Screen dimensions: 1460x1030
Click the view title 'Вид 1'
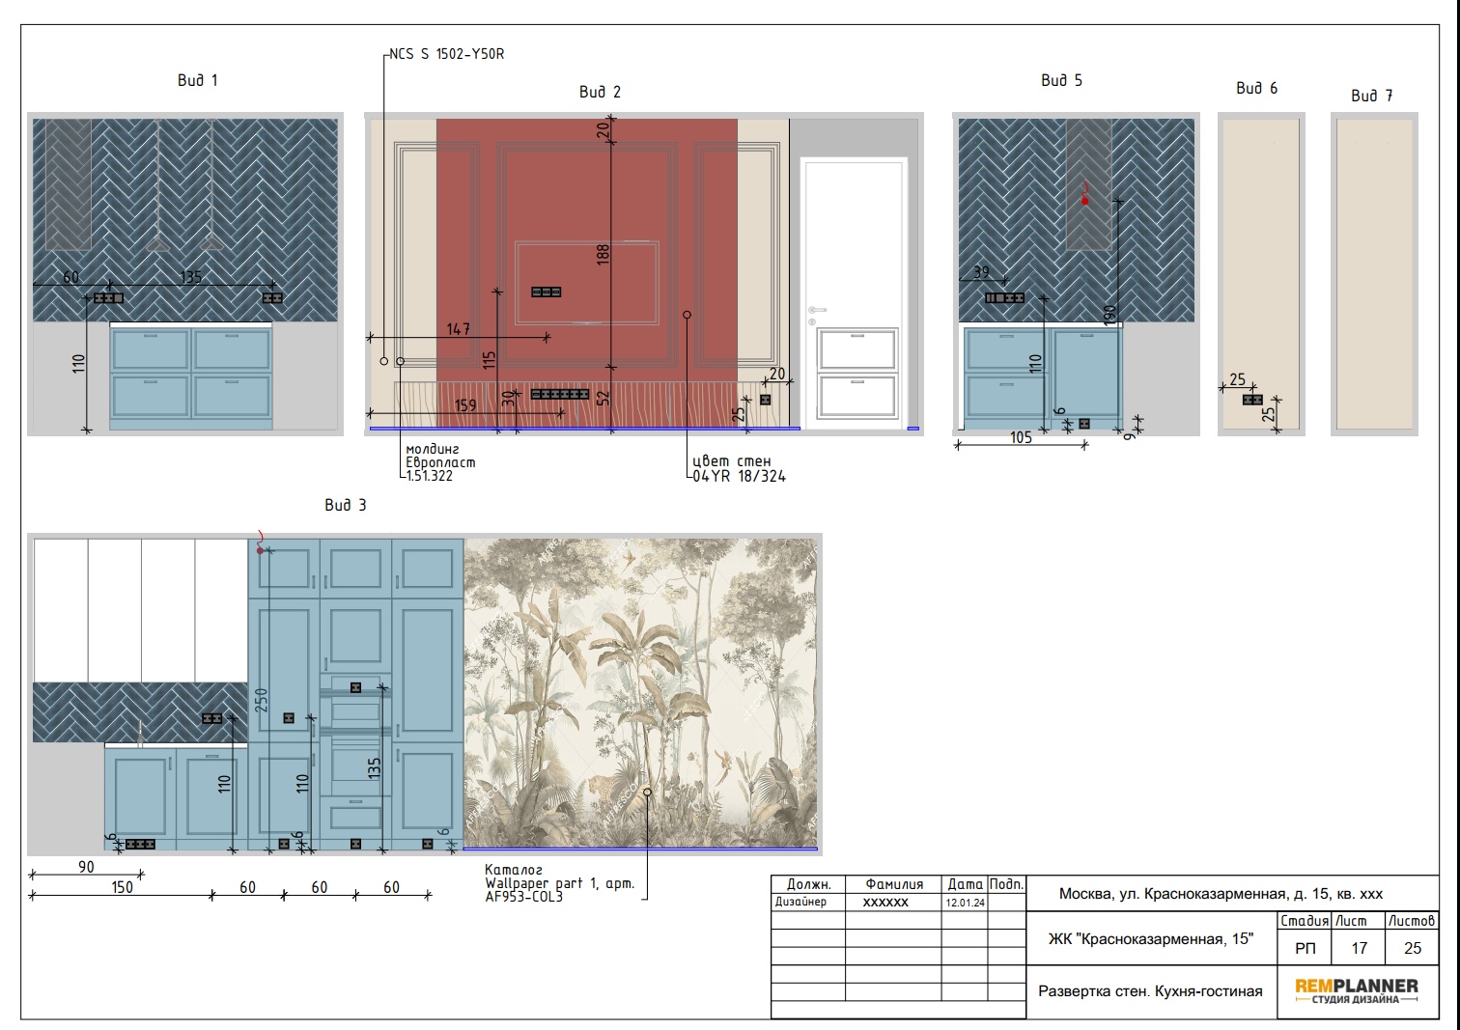coord(198,80)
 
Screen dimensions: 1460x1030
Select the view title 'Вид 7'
coord(1372,96)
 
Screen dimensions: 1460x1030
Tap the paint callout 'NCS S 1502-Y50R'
coord(446,54)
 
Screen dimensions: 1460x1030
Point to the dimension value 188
coord(603,254)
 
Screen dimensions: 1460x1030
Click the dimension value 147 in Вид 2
coord(459,329)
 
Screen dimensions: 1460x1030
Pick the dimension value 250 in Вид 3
coord(261,701)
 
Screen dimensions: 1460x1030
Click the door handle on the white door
coord(817,310)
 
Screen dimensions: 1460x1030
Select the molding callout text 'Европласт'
coord(440,462)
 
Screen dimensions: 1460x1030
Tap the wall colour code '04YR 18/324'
coord(739,476)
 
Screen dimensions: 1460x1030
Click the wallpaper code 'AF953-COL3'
coord(523,897)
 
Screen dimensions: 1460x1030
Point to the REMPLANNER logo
coord(1357,991)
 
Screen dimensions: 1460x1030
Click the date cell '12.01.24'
coord(966,903)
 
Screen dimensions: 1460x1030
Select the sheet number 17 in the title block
coord(1359,948)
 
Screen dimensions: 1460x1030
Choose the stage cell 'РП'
coord(1305,949)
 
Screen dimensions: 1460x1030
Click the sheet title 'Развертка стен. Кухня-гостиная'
coord(1150,991)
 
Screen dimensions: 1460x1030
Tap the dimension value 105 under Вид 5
coord(1022,437)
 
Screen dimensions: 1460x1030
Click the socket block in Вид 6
coord(1252,400)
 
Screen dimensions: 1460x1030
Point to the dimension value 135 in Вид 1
coord(190,277)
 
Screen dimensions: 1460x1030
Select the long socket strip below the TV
coord(560,394)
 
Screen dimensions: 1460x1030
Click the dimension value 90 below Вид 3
coord(86,867)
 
